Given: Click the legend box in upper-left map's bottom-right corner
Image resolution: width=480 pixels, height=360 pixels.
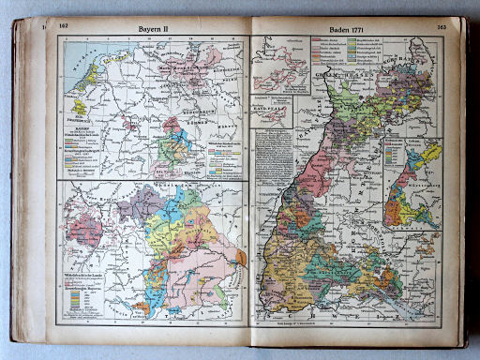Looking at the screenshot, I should tap(222, 159).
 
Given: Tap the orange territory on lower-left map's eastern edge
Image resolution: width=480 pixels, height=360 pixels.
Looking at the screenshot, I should tap(241, 256).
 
